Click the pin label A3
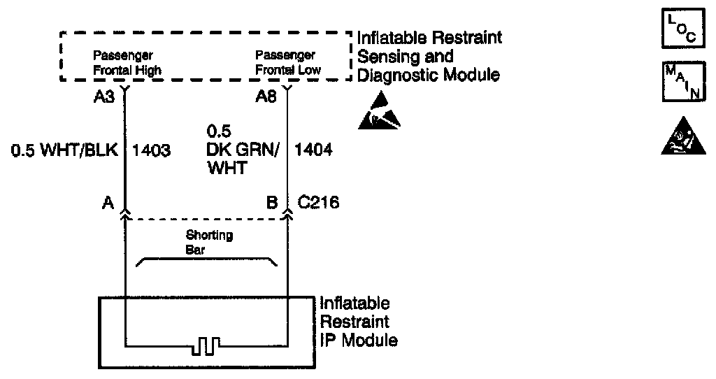(104, 97)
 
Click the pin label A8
(265, 97)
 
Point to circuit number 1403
(152, 150)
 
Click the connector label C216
(320, 203)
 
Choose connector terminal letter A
(109, 203)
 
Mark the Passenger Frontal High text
(127, 62)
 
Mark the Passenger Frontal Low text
(287, 62)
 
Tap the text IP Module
(359, 341)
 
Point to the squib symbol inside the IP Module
(206, 345)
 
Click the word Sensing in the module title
(385, 56)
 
